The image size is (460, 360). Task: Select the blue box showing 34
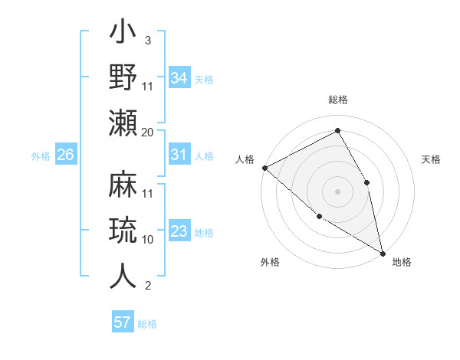pyautogui.click(x=179, y=77)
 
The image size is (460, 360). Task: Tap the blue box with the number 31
pyautogui.click(x=179, y=155)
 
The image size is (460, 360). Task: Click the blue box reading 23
pyautogui.click(x=179, y=231)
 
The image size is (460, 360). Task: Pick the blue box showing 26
pyautogui.click(x=65, y=155)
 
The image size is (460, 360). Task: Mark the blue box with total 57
pyautogui.click(x=123, y=322)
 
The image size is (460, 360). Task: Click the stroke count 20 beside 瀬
pyautogui.click(x=148, y=132)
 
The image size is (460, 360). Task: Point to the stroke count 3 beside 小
pyautogui.click(x=147, y=40)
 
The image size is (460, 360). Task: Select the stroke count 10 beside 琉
pyautogui.click(x=148, y=240)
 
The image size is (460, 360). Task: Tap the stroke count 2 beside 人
pyautogui.click(x=147, y=286)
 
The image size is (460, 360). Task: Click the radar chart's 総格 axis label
pyautogui.click(x=337, y=100)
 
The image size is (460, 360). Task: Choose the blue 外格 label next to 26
pyautogui.click(x=41, y=156)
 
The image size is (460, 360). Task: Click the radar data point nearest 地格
pyautogui.click(x=382, y=252)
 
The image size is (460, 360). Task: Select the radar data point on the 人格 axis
pyautogui.click(x=264, y=168)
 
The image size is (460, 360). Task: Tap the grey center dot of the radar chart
pyautogui.click(x=337, y=191)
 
